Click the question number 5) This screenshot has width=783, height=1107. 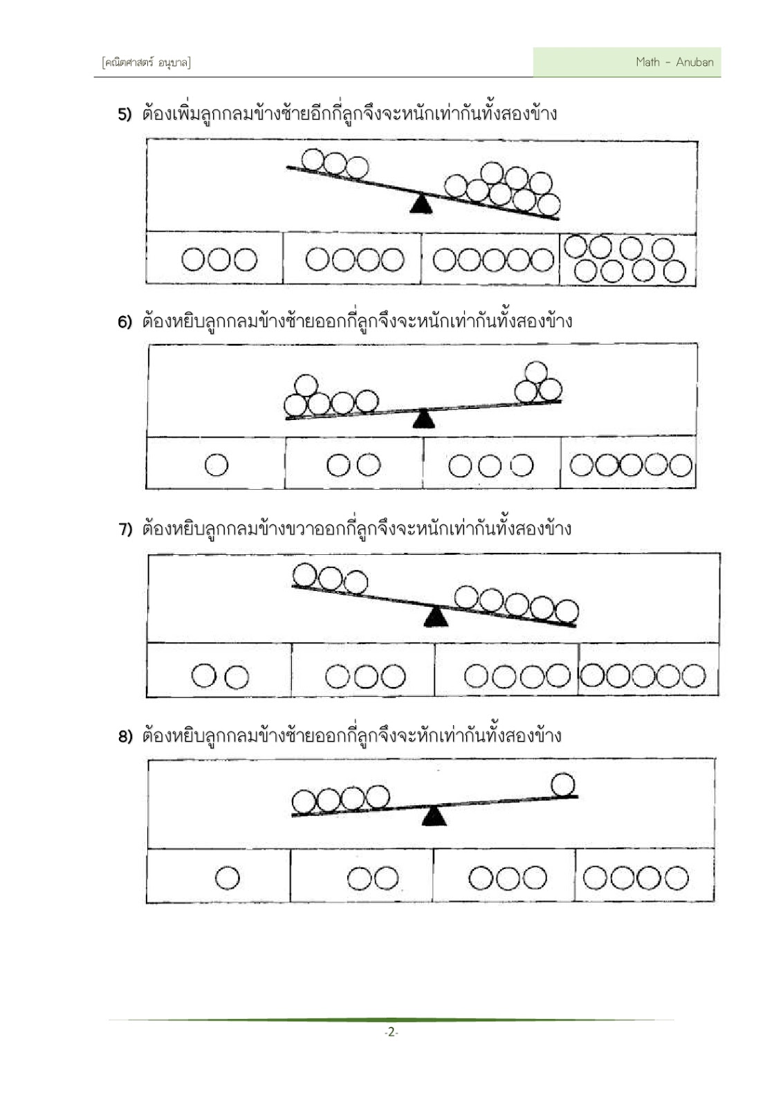click(125, 115)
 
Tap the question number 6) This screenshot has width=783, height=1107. click(125, 322)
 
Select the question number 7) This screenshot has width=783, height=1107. click(125, 529)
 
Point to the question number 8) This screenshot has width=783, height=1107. click(125, 737)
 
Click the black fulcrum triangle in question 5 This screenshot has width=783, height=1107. click(421, 205)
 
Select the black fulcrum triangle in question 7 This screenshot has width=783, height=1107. click(436, 616)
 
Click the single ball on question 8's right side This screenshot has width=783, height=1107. click(562, 785)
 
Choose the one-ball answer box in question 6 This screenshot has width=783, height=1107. click(215, 463)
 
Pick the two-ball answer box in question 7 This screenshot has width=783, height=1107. click(219, 670)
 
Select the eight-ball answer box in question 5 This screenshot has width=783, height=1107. click(627, 259)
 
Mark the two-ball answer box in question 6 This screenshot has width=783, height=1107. click(353, 463)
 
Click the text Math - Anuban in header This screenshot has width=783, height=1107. click(675, 62)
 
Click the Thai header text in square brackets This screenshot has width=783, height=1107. click(146, 63)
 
